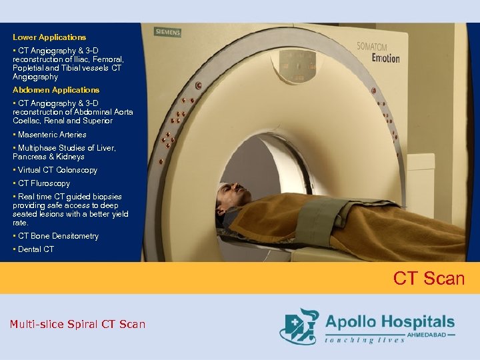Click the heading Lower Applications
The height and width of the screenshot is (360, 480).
49,37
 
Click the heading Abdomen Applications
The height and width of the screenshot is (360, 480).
56,90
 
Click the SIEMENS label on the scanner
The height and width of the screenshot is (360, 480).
167,31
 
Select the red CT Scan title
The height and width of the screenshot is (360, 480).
429,278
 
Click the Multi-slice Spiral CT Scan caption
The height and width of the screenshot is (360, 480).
77,325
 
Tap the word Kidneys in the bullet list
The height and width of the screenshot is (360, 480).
71,157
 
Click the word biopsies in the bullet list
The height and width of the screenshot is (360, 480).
107,197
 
